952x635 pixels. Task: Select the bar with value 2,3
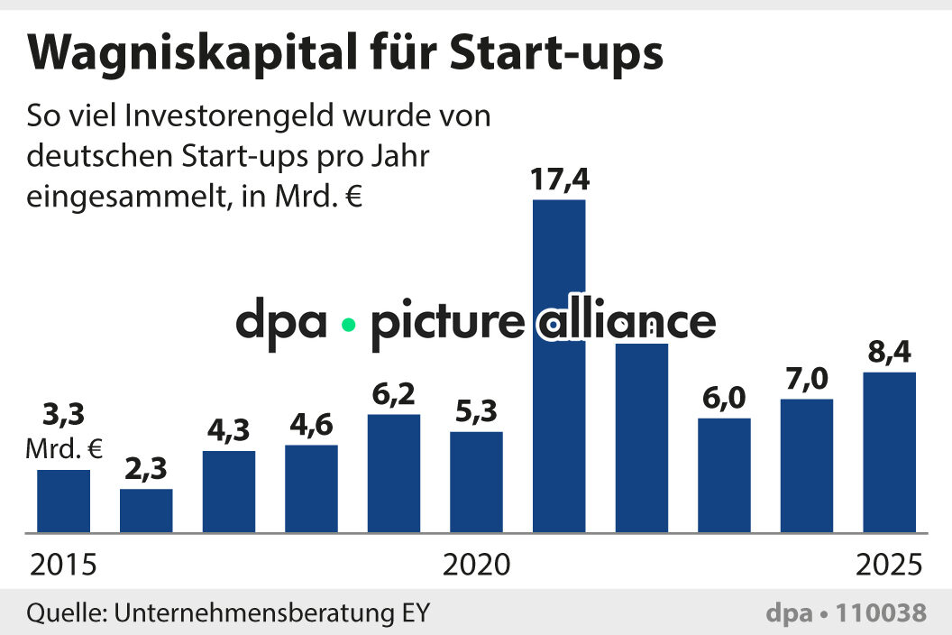point(146,511)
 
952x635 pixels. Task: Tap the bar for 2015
point(63,501)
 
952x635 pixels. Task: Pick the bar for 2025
point(890,452)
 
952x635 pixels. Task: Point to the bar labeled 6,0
point(724,474)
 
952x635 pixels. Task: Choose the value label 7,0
point(806,380)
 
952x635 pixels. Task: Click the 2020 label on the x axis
point(476,566)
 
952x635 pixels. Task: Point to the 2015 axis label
point(63,566)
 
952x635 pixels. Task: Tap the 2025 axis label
point(889,566)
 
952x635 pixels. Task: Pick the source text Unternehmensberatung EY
point(270,613)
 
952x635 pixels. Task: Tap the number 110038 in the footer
point(881,613)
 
